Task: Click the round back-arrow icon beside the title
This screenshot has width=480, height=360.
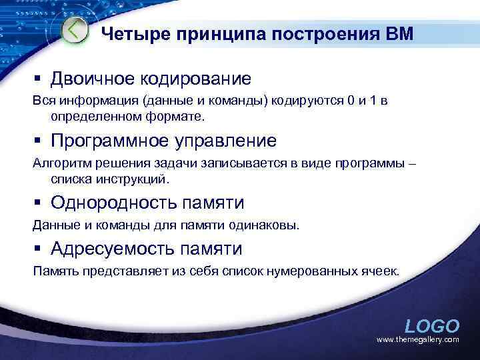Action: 75,30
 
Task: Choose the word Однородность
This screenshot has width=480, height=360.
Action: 114,203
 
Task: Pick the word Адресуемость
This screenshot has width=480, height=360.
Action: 113,249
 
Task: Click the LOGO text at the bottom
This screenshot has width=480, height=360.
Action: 432,326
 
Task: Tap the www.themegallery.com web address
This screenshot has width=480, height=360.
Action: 418,340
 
